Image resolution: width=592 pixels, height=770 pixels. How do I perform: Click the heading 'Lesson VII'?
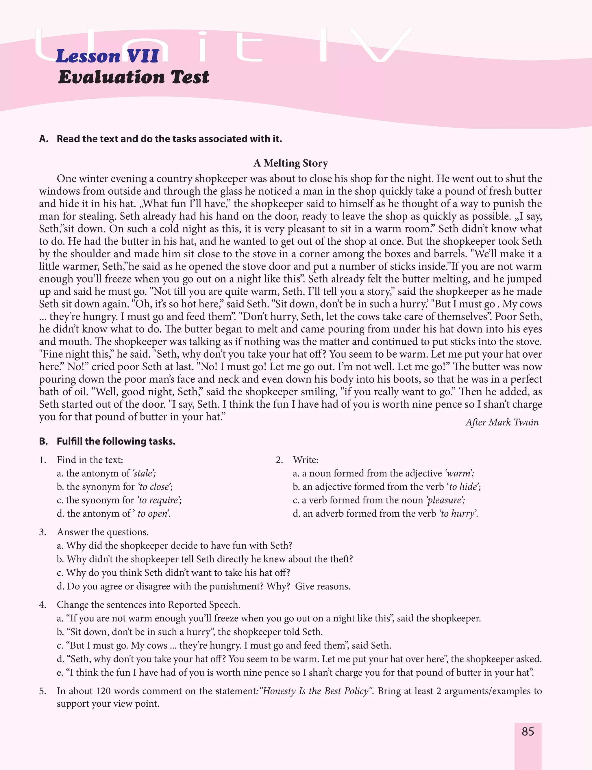click(x=108, y=56)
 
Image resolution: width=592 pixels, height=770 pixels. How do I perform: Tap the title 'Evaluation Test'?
click(x=134, y=77)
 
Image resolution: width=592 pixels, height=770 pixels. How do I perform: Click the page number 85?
click(x=528, y=732)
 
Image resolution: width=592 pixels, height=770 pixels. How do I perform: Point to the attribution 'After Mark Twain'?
click(x=502, y=422)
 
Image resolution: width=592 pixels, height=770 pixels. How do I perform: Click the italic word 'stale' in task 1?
click(x=143, y=473)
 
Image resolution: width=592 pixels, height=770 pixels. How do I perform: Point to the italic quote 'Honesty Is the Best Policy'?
click(x=316, y=691)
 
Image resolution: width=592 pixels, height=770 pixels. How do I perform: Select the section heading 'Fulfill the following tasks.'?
click(x=116, y=441)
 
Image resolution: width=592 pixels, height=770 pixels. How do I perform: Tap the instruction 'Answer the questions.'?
click(x=103, y=532)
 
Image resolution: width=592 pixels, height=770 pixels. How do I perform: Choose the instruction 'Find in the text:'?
click(x=90, y=460)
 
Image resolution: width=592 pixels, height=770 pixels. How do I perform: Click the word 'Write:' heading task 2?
click(x=306, y=460)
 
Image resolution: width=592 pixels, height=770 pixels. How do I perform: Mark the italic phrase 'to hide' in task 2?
click(x=464, y=487)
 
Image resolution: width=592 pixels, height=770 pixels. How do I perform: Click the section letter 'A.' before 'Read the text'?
click(x=44, y=139)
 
